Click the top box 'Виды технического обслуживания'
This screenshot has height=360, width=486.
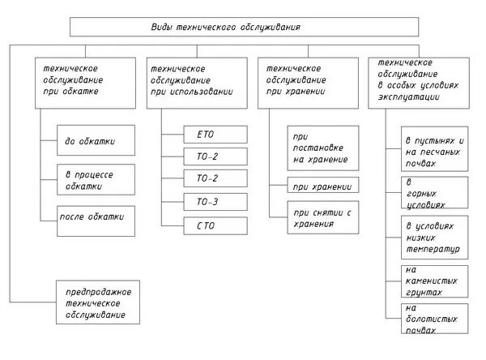[242, 27]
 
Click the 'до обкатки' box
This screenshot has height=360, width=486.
[91, 141]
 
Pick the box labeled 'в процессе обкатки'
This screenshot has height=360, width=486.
[91, 180]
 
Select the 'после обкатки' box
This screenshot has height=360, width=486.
[91, 219]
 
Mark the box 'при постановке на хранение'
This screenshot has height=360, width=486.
[322, 148]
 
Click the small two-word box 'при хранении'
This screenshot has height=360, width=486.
[322, 186]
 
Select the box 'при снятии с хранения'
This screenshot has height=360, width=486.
[322, 217]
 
